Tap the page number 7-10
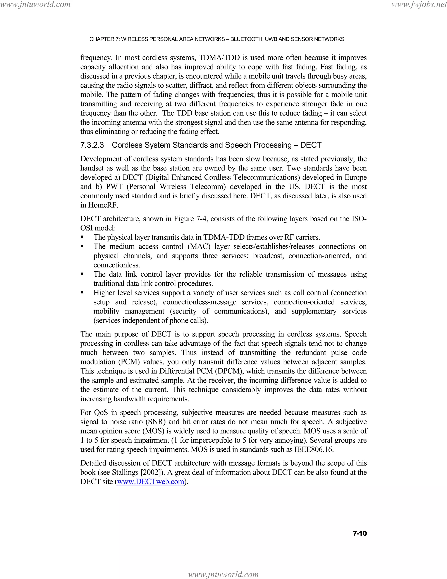[x=360, y=533]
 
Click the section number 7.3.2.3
[x=92, y=145]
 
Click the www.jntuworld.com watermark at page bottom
[x=223, y=574]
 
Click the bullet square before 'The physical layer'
[x=82, y=237]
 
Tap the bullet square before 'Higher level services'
[x=82, y=293]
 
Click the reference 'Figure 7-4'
[x=190, y=219]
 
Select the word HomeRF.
[x=103, y=205]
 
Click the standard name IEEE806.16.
[x=314, y=450]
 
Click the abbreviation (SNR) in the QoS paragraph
[x=155, y=422]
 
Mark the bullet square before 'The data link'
[x=82, y=274]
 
